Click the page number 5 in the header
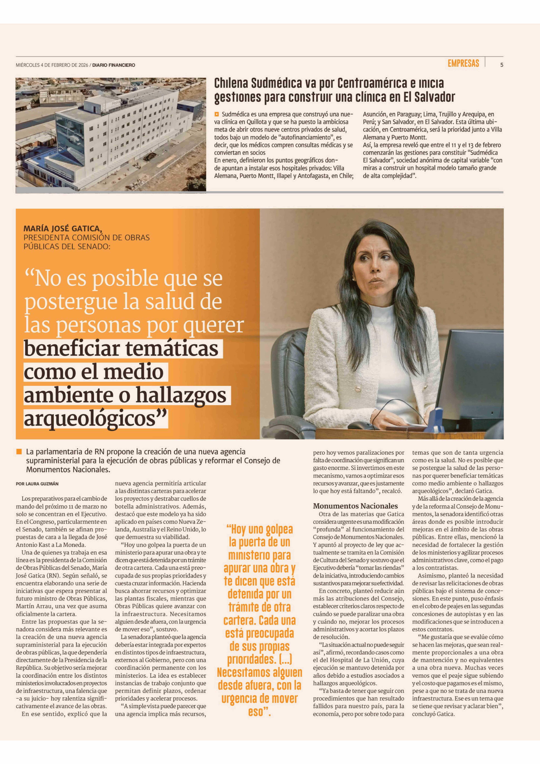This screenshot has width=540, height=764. pyautogui.click(x=501, y=65)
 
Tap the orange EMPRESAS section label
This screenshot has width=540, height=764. pyautogui.click(x=463, y=63)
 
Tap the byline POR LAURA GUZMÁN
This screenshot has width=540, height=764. pyautogui.click(x=37, y=484)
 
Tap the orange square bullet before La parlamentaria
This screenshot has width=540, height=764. pyautogui.click(x=19, y=452)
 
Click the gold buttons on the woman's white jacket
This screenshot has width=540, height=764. pyautogui.click(x=359, y=389)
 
